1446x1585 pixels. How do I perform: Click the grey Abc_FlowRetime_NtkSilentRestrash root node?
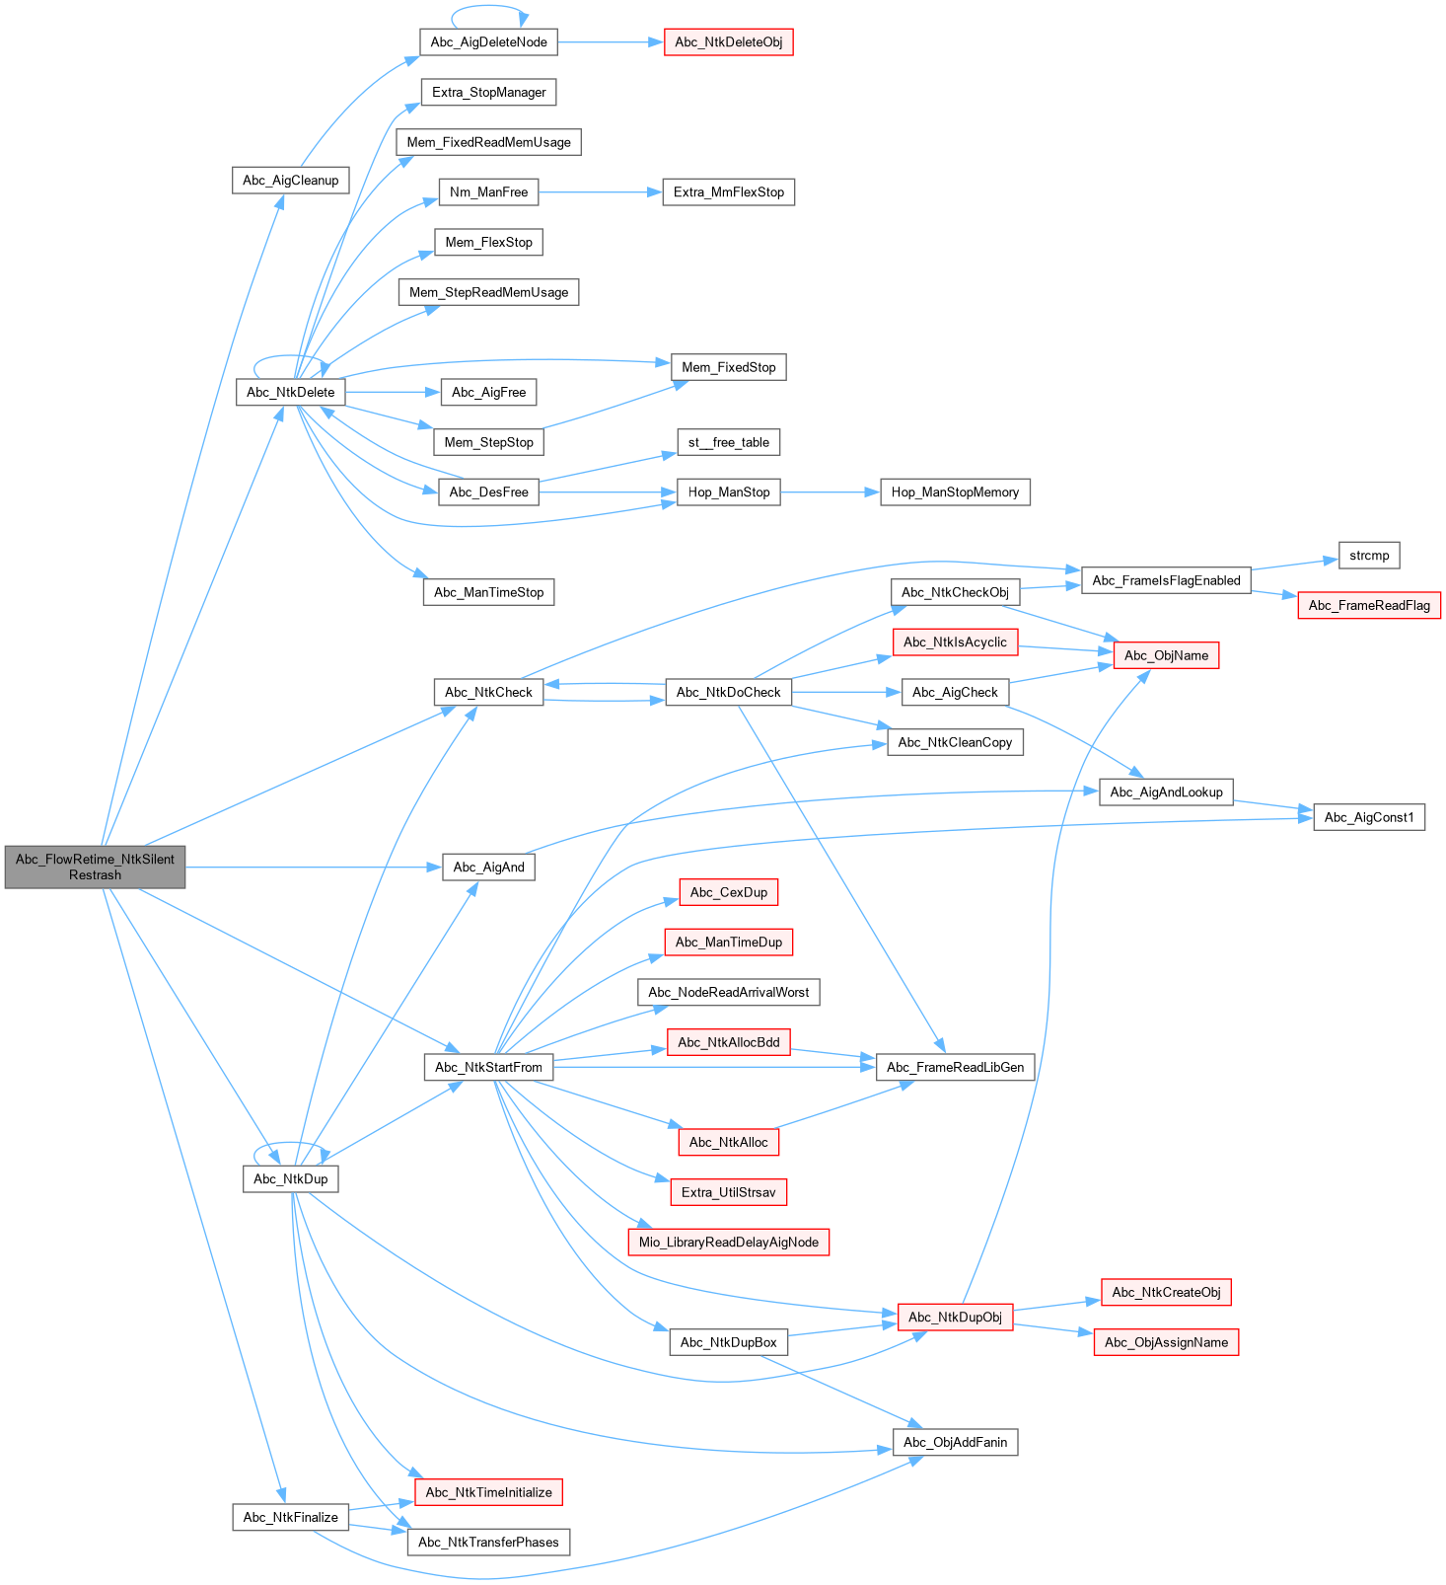pos(95,867)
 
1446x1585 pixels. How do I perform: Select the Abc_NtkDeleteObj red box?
pos(729,42)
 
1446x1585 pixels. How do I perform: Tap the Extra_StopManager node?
pos(488,92)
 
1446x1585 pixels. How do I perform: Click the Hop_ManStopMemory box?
pos(955,491)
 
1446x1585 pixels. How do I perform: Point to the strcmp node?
pos(1369,555)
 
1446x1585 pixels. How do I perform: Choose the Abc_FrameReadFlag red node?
pos(1369,605)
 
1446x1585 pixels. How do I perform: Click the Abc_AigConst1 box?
pos(1369,817)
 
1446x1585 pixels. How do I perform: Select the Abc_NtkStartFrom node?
pos(488,1067)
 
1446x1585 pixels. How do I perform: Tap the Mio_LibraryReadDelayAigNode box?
pos(728,1242)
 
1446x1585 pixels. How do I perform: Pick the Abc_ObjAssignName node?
pos(1166,1342)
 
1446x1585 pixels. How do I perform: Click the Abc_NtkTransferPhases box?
pos(488,1542)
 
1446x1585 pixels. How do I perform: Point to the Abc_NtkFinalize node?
pos(290,1517)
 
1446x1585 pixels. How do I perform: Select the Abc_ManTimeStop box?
pos(488,592)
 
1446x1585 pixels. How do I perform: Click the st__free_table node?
pos(728,442)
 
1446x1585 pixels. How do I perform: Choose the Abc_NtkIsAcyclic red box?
pos(955,642)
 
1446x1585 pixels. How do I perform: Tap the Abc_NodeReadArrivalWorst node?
pos(728,992)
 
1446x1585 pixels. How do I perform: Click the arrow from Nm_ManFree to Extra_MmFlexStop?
pos(600,192)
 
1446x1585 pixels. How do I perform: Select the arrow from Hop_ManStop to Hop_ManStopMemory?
pos(830,491)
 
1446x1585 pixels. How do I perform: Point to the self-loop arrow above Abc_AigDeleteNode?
pos(488,6)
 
